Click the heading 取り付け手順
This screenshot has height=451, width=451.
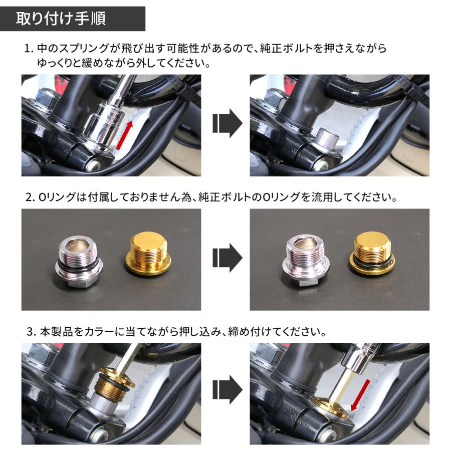[61, 19]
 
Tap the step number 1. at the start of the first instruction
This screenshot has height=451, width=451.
[29, 49]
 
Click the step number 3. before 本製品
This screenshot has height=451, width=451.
[31, 332]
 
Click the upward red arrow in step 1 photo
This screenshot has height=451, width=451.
[125, 135]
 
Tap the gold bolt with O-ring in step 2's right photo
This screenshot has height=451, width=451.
[372, 254]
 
